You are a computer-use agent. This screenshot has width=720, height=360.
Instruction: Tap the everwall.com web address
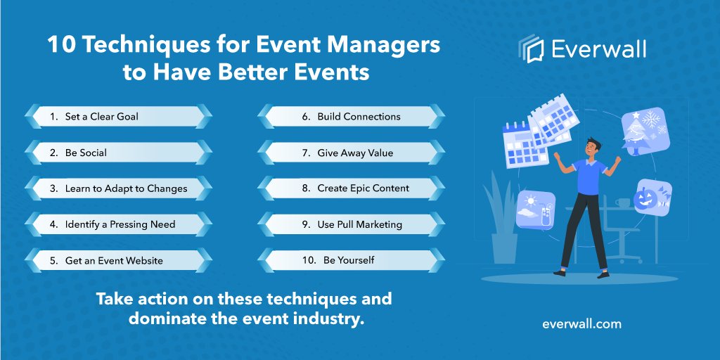581,324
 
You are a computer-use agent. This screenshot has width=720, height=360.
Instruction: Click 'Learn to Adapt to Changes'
117,188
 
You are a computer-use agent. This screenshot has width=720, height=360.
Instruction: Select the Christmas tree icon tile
645,131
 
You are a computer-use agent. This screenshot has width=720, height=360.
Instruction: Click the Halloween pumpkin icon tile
652,199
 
